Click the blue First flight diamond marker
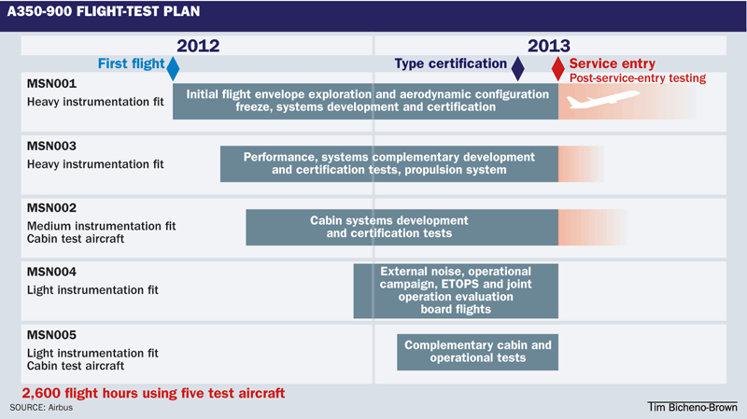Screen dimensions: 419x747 point(172,66)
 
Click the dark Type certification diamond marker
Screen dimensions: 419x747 point(518,66)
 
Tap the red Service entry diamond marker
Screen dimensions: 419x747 point(558,67)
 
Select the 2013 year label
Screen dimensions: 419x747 point(549,45)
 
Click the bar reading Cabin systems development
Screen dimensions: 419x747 point(402,227)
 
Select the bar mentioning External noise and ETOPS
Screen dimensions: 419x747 point(456,290)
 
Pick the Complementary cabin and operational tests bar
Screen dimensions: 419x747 point(478,351)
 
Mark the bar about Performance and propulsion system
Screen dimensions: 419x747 point(388,163)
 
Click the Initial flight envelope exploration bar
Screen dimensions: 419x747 point(365,101)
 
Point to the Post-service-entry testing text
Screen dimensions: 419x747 point(638,78)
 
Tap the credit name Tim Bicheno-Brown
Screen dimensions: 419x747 point(692,408)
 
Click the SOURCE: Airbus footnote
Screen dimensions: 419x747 point(41,408)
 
